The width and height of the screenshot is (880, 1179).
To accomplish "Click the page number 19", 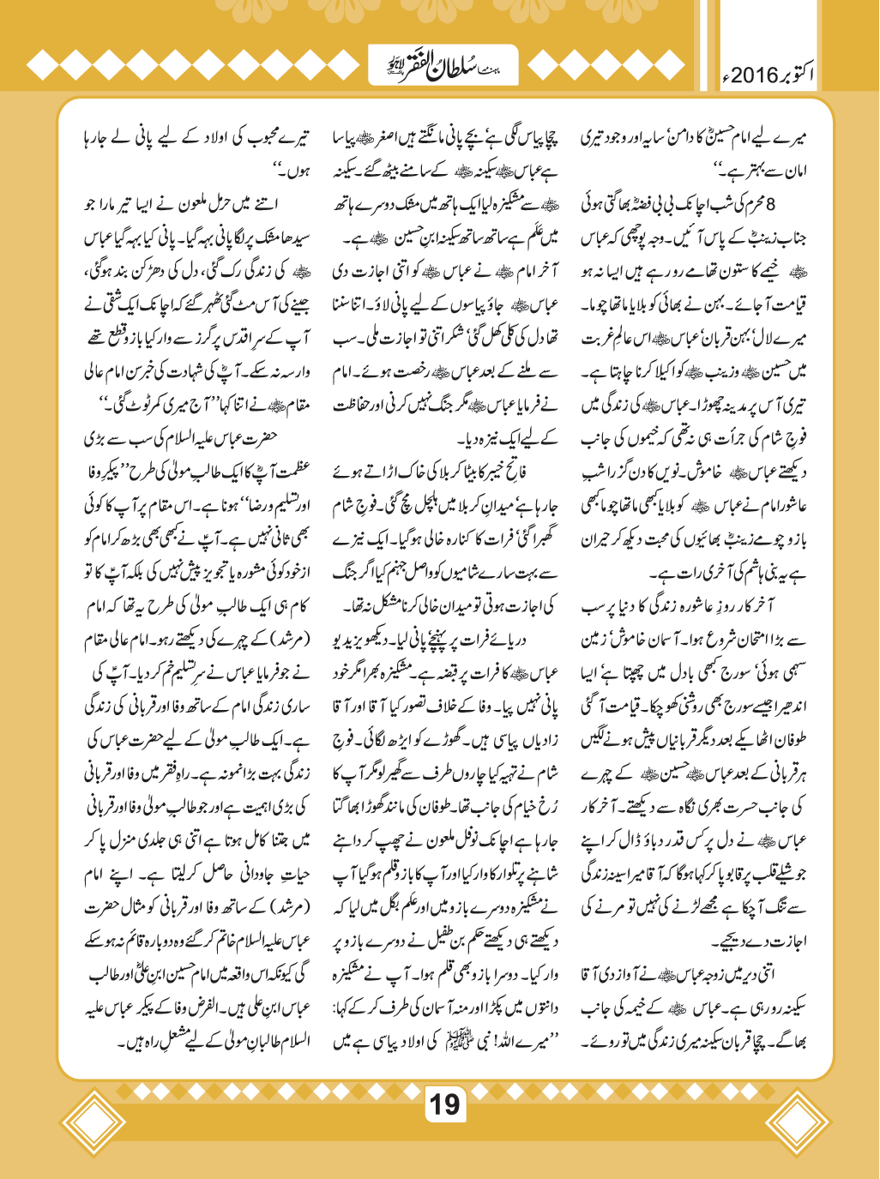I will pos(444,1104).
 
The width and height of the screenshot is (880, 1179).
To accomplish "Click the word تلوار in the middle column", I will pos(506,874).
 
